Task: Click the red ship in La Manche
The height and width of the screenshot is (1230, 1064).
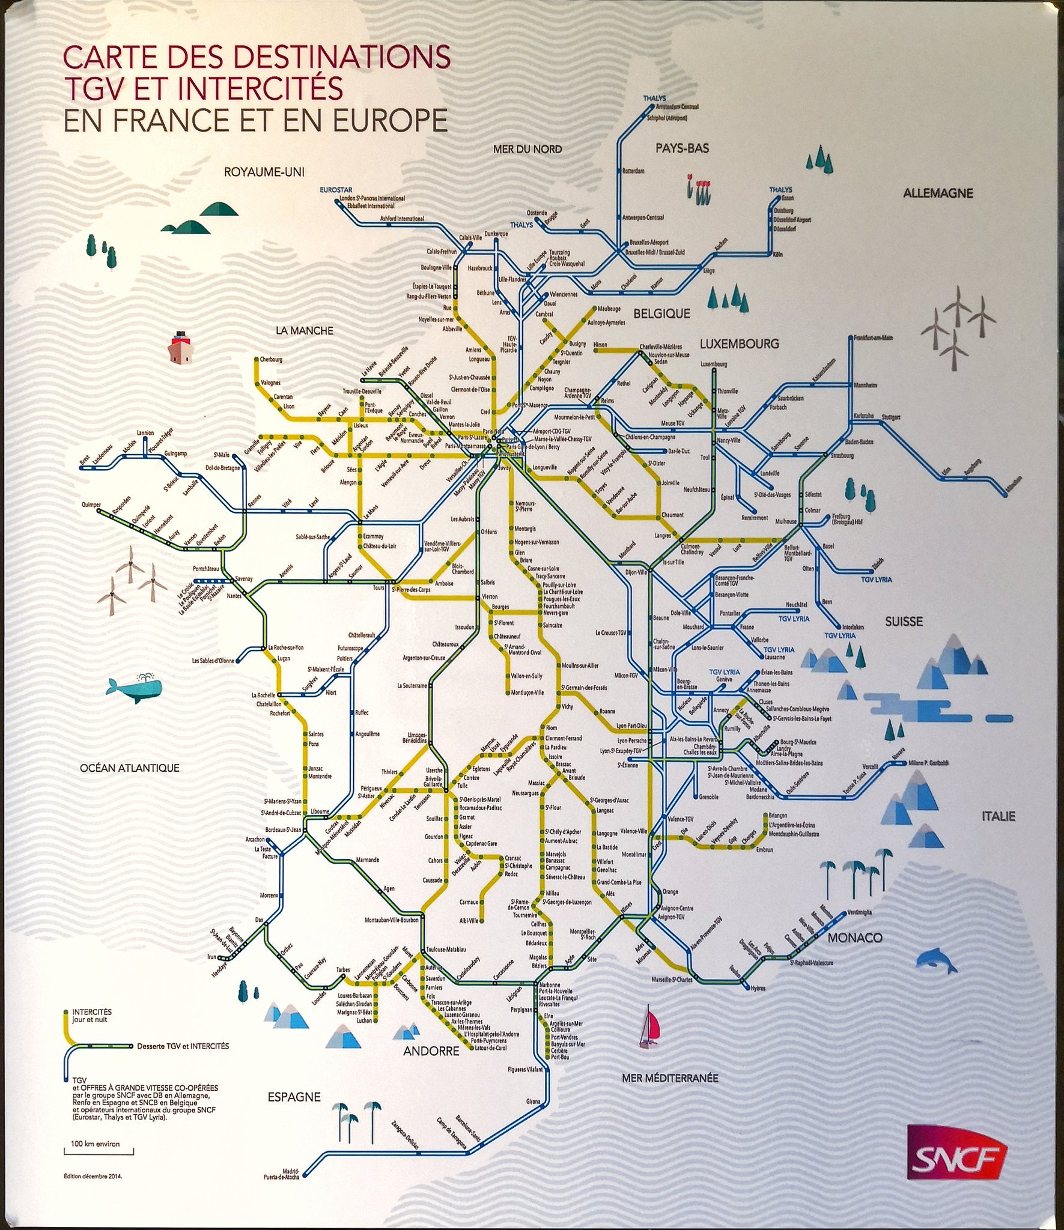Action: coord(180,347)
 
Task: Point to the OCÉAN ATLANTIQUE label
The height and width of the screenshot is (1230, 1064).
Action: coord(130,768)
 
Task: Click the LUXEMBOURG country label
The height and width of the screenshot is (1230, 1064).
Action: coord(738,344)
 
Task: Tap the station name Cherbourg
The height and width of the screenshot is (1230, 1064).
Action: coord(271,360)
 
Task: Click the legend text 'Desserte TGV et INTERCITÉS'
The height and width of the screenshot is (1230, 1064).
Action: coord(183,1046)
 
